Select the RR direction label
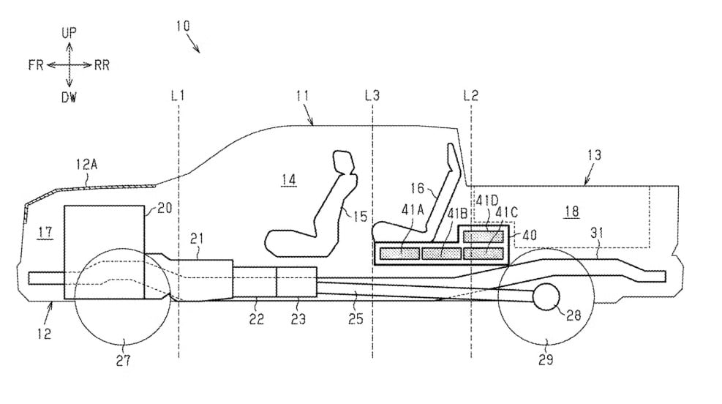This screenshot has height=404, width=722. pyautogui.click(x=102, y=64)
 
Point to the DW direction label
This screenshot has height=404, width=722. pyautogui.click(x=69, y=97)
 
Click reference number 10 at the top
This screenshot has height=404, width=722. pyautogui.click(x=183, y=25)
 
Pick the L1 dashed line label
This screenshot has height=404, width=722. pyautogui.click(x=178, y=95)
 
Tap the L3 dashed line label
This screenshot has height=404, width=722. pyautogui.click(x=372, y=95)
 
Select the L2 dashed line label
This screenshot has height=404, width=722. pyautogui.click(x=471, y=95)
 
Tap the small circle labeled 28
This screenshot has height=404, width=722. pyautogui.click(x=546, y=296)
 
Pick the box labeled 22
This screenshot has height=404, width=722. pyautogui.click(x=254, y=283)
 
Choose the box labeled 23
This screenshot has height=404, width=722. pyautogui.click(x=296, y=283)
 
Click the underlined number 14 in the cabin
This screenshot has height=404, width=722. pyautogui.click(x=287, y=179)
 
